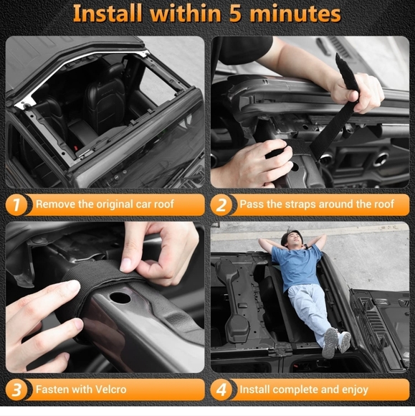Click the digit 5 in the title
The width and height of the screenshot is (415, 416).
pyautogui.click(x=235, y=14)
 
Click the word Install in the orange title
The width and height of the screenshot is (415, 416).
pyautogui.click(x=107, y=13)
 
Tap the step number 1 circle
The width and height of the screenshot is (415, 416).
pyautogui.click(x=16, y=204)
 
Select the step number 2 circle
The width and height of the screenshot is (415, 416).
pyautogui.click(x=221, y=204)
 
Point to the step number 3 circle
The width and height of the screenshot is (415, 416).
pyautogui.click(x=16, y=389)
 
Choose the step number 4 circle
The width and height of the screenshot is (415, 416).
pyautogui.click(x=221, y=389)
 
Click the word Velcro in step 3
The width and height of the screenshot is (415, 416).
pyautogui.click(x=110, y=389)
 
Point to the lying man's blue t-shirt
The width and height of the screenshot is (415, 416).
pyautogui.click(x=298, y=266)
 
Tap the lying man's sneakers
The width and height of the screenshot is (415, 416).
pyautogui.click(x=336, y=343)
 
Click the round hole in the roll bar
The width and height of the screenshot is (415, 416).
pyautogui.click(x=120, y=298)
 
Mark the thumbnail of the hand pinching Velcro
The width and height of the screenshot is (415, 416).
pyautogui.click(x=125, y=265)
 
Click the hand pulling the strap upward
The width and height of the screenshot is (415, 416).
pyautogui.click(x=357, y=93)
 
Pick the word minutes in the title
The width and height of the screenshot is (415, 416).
pyautogui.click(x=295, y=14)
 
